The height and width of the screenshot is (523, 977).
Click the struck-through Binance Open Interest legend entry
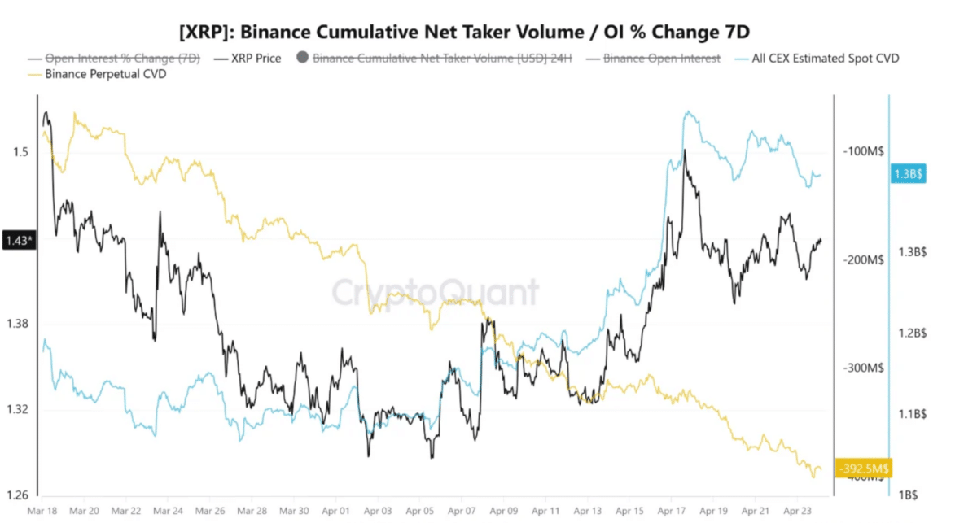659,59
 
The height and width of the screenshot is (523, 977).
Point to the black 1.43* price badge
18,241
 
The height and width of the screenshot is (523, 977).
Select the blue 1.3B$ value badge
909,174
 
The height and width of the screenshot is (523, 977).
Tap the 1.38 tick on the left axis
18,324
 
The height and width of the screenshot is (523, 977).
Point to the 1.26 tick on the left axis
18,495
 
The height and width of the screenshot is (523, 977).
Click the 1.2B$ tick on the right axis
913,333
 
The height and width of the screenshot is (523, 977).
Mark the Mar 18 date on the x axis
42,511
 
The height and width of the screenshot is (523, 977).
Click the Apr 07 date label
462,511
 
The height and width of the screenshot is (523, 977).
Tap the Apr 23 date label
798,511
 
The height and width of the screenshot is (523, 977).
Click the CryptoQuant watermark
435,292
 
